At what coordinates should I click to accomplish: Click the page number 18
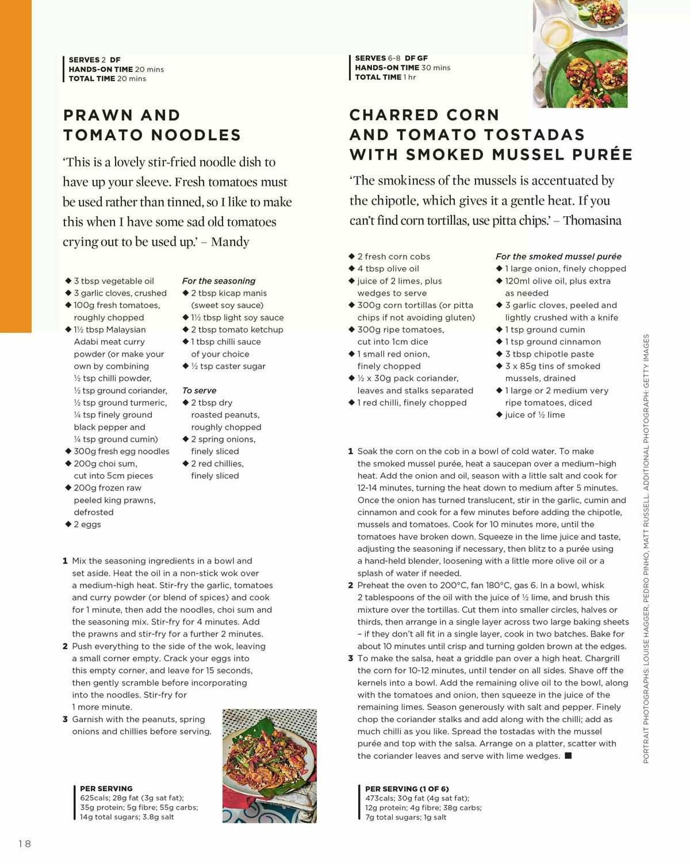tap(25, 844)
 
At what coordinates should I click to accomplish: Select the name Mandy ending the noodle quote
tap(230, 242)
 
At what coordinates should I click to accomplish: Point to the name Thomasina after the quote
tap(592, 220)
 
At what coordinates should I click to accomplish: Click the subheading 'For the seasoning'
tap(218, 281)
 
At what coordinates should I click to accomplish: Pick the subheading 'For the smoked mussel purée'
tap(558, 256)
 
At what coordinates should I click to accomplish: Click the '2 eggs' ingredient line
tap(87, 524)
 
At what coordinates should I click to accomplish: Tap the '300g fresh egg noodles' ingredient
tap(121, 451)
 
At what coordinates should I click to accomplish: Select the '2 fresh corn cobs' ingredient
tap(393, 256)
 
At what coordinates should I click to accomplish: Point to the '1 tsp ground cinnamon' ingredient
tap(553, 342)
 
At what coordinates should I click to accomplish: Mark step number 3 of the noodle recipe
tap(66, 719)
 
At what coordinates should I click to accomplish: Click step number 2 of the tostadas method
tap(351, 585)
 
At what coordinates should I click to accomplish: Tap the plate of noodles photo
tap(269, 759)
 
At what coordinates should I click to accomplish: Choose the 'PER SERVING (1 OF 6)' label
tap(407, 789)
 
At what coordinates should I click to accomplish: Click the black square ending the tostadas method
tap(568, 756)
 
